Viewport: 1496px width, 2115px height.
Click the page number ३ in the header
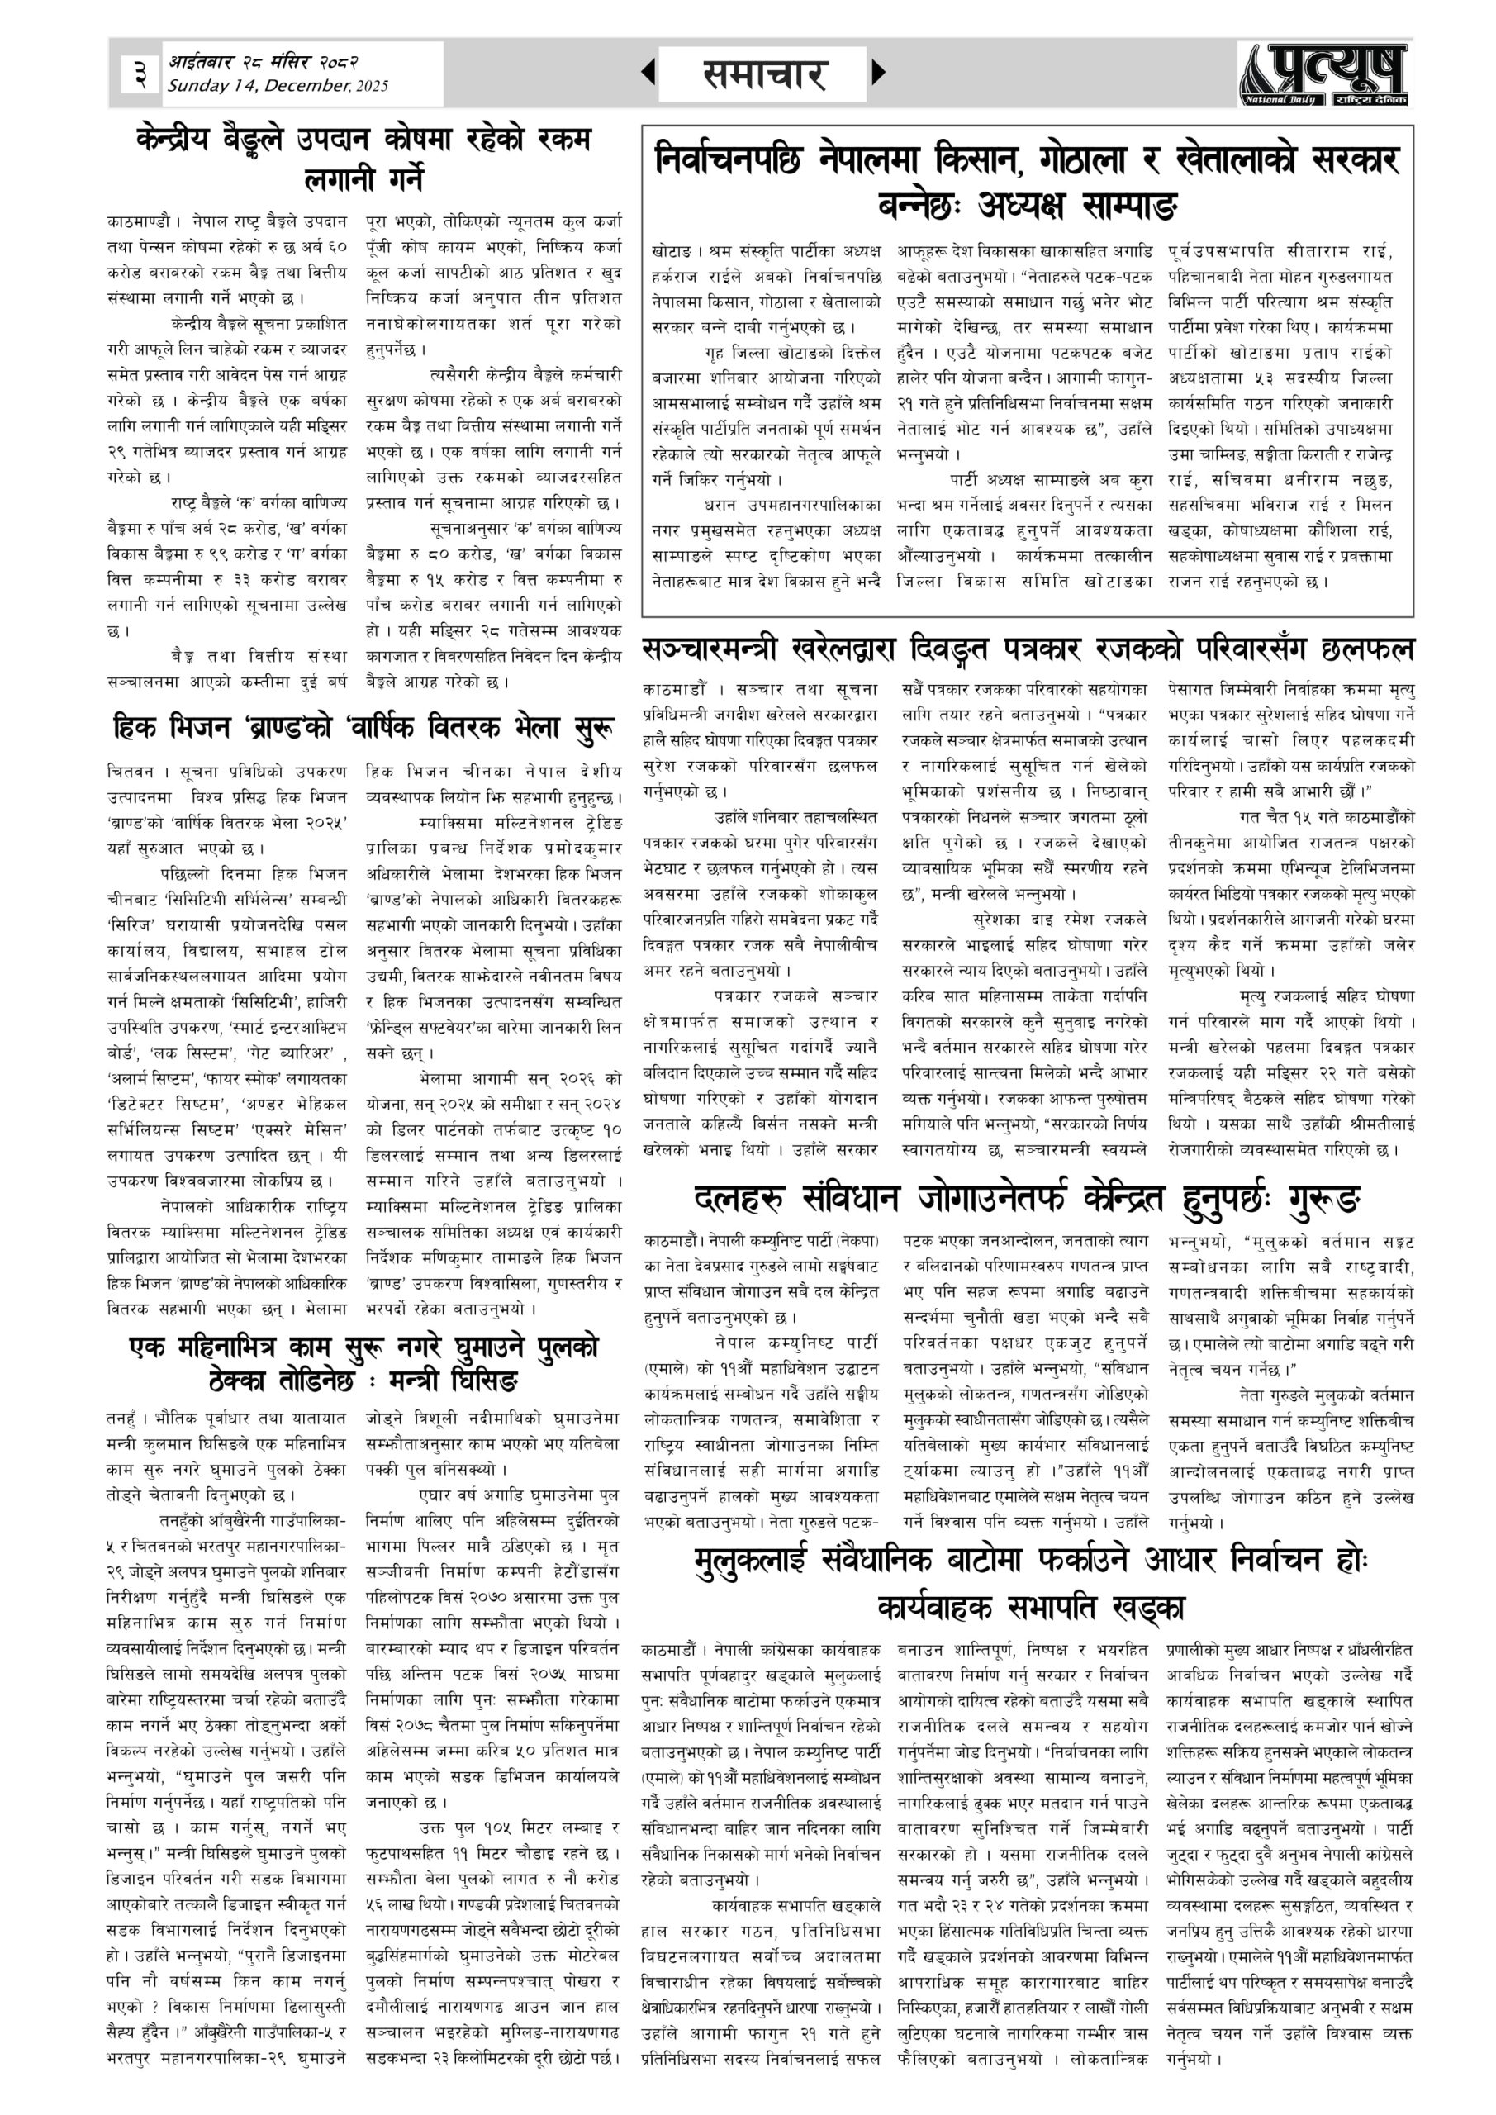(x=140, y=73)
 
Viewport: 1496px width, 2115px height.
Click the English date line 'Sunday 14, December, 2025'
(x=278, y=87)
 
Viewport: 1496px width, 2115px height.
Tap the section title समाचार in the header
(x=763, y=74)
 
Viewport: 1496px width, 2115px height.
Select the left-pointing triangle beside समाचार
(x=648, y=72)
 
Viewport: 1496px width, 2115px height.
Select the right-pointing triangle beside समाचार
(x=878, y=72)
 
